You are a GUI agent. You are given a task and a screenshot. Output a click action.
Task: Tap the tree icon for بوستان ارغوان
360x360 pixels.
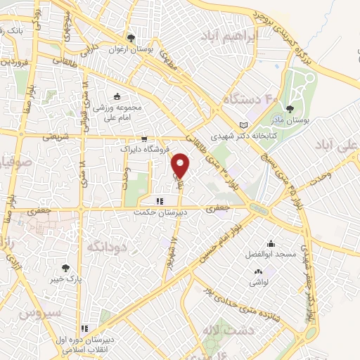coord(130,39)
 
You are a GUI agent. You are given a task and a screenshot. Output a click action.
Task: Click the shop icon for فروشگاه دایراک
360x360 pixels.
coord(144,139)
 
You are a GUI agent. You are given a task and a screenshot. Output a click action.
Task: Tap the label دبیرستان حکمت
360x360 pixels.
coord(162,211)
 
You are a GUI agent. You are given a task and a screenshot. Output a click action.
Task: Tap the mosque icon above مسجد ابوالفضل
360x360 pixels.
coord(271,243)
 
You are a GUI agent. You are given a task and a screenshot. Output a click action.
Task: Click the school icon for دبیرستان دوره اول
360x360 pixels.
coord(85,328)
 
